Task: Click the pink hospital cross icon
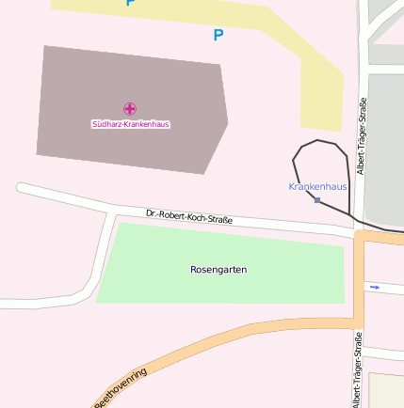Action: coord(129,109)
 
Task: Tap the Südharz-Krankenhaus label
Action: coord(130,124)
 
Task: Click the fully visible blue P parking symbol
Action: coord(218,36)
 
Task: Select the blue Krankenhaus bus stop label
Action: coord(317,186)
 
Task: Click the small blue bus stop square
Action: coord(318,200)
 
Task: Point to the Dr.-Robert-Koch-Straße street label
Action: coord(189,218)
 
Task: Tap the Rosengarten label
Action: coord(218,270)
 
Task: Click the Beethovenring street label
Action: coord(121,387)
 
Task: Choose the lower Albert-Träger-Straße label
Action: coord(357,369)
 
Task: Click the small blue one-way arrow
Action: coord(375,287)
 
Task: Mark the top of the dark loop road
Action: coord(318,140)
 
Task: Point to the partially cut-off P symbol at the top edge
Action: coord(130,3)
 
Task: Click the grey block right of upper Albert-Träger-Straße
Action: coord(386,141)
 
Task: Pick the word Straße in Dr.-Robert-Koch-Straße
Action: coord(218,220)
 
